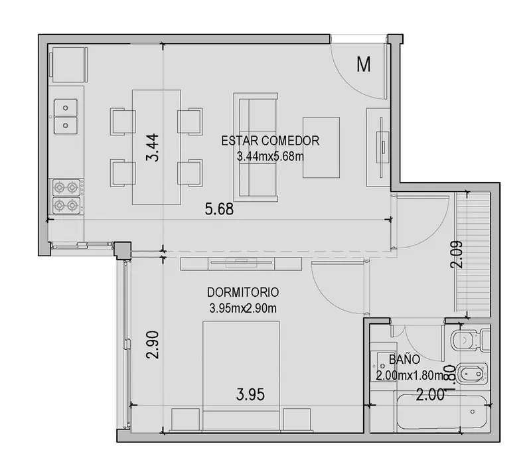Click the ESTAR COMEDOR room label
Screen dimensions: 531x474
click(270, 141)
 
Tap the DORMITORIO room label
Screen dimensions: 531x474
click(243, 292)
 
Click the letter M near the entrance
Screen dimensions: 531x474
click(363, 64)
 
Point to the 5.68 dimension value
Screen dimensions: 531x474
click(219, 209)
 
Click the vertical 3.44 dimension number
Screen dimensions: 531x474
click(152, 148)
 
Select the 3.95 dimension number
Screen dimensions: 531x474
click(250, 395)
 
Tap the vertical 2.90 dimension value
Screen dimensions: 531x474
click(152, 345)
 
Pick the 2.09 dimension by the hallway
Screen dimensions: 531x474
click(456, 254)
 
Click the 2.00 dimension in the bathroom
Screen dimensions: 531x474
click(429, 395)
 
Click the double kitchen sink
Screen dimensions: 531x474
click(66, 117)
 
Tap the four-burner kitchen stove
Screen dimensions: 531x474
click(66, 197)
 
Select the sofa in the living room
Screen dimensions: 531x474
click(256, 147)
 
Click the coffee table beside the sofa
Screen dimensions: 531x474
click(321, 147)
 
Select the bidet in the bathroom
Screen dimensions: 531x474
click(471, 374)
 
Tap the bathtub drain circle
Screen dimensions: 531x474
click(472, 412)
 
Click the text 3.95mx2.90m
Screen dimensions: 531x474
click(243, 309)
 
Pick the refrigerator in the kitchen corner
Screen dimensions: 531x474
click(68, 64)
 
